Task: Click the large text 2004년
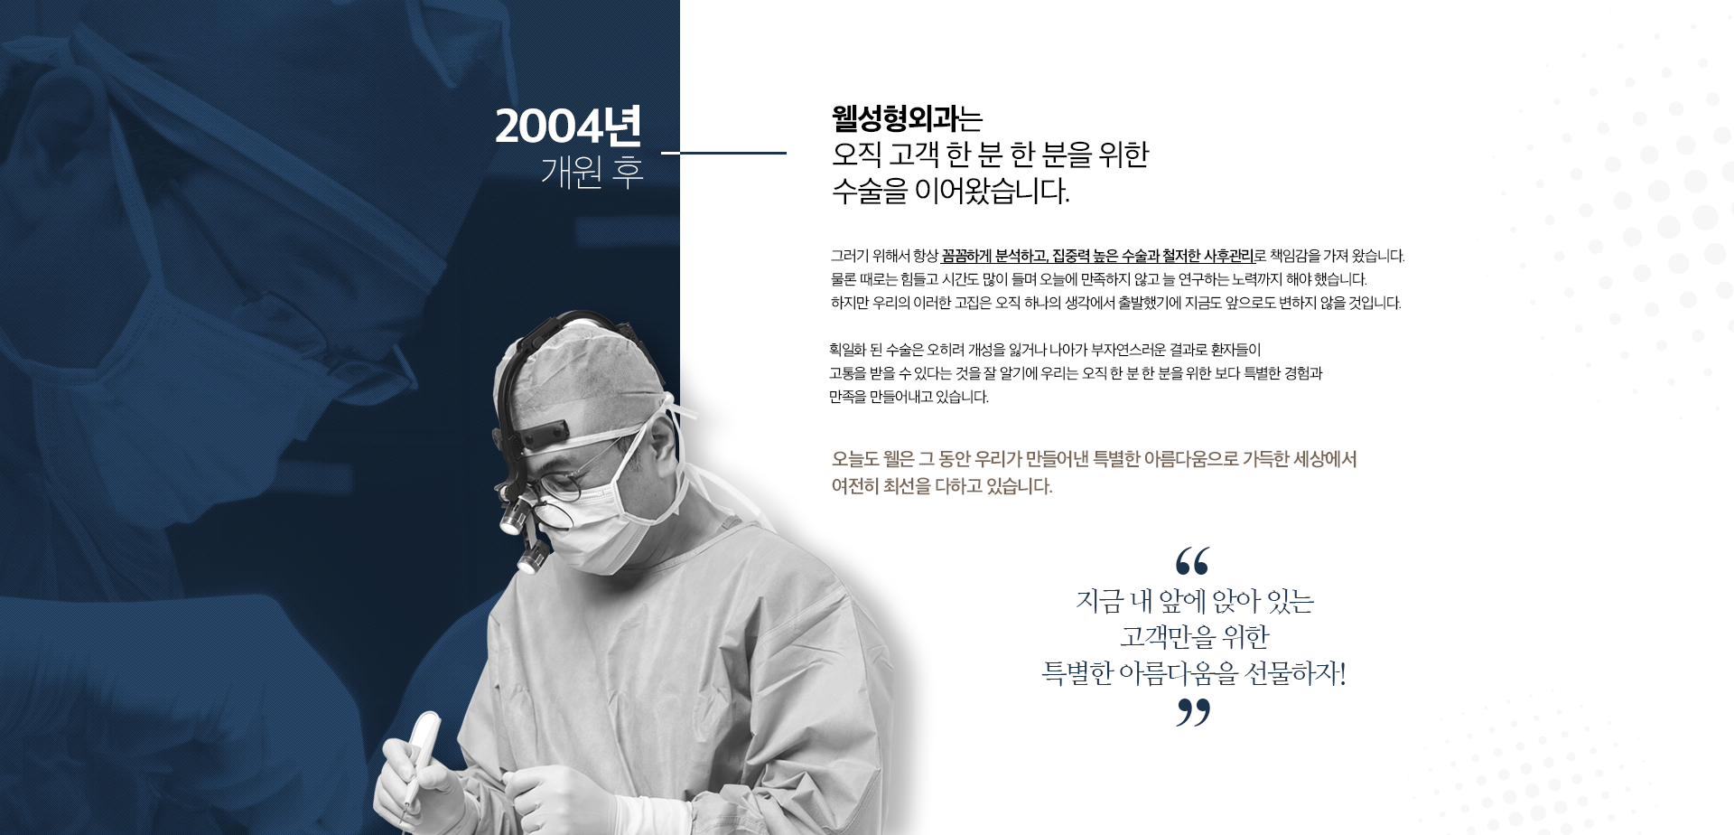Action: point(569,127)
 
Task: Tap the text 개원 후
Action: point(592,171)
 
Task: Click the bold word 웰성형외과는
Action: point(907,118)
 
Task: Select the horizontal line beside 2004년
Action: point(723,154)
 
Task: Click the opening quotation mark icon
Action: point(1193,561)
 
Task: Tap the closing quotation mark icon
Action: point(1193,713)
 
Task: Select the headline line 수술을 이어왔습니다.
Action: point(950,192)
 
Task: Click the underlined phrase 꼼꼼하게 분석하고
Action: point(993,256)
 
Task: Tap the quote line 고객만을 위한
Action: point(1194,637)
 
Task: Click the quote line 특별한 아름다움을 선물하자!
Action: point(1194,674)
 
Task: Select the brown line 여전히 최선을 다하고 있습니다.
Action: point(942,486)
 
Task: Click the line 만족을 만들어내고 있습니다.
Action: point(909,397)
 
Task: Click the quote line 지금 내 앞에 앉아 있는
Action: point(1194,601)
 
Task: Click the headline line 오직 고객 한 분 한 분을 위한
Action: point(990,155)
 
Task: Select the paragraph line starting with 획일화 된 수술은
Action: point(1045,350)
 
